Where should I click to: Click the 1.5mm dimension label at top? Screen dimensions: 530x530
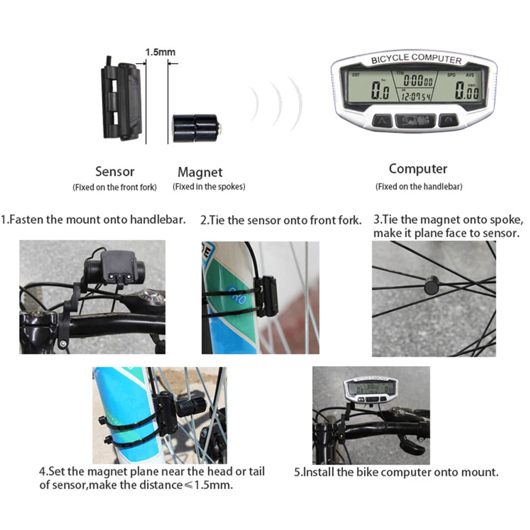pyautogui.click(x=160, y=52)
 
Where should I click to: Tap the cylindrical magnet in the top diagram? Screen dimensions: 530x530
pyautogui.click(x=195, y=127)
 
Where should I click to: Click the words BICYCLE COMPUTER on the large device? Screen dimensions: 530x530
pyautogui.click(x=416, y=59)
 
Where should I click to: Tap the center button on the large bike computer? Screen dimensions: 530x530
pyautogui.click(x=416, y=121)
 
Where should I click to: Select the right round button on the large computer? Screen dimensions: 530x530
pyautogui.click(x=448, y=120)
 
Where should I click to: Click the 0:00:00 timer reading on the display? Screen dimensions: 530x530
pyautogui.click(x=417, y=81)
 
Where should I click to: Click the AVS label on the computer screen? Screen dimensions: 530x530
pyautogui.click(x=469, y=76)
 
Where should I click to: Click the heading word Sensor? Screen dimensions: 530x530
pyautogui.click(x=115, y=172)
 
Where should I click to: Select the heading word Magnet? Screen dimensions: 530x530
pyautogui.click(x=200, y=172)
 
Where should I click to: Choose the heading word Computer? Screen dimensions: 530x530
pyautogui.click(x=418, y=169)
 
